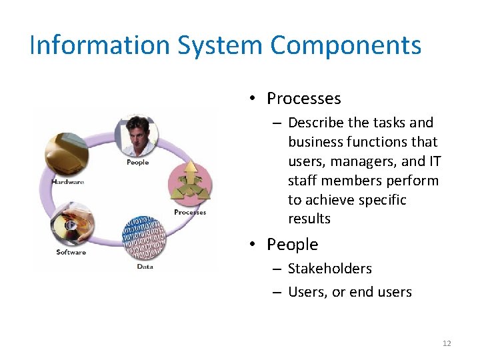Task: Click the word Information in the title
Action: click(x=99, y=45)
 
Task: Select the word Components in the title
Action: click(x=345, y=45)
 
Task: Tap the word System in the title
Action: click(x=219, y=45)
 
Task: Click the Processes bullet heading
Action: click(x=303, y=99)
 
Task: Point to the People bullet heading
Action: click(x=292, y=245)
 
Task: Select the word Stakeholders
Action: click(x=329, y=269)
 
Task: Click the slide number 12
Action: click(x=447, y=343)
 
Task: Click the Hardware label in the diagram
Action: click(x=67, y=182)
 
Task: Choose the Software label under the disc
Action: click(x=71, y=252)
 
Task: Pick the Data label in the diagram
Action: click(x=145, y=267)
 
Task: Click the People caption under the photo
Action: click(x=137, y=162)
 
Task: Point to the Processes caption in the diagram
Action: click(x=190, y=213)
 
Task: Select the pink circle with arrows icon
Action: click(x=191, y=183)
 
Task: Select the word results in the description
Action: click(x=309, y=219)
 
